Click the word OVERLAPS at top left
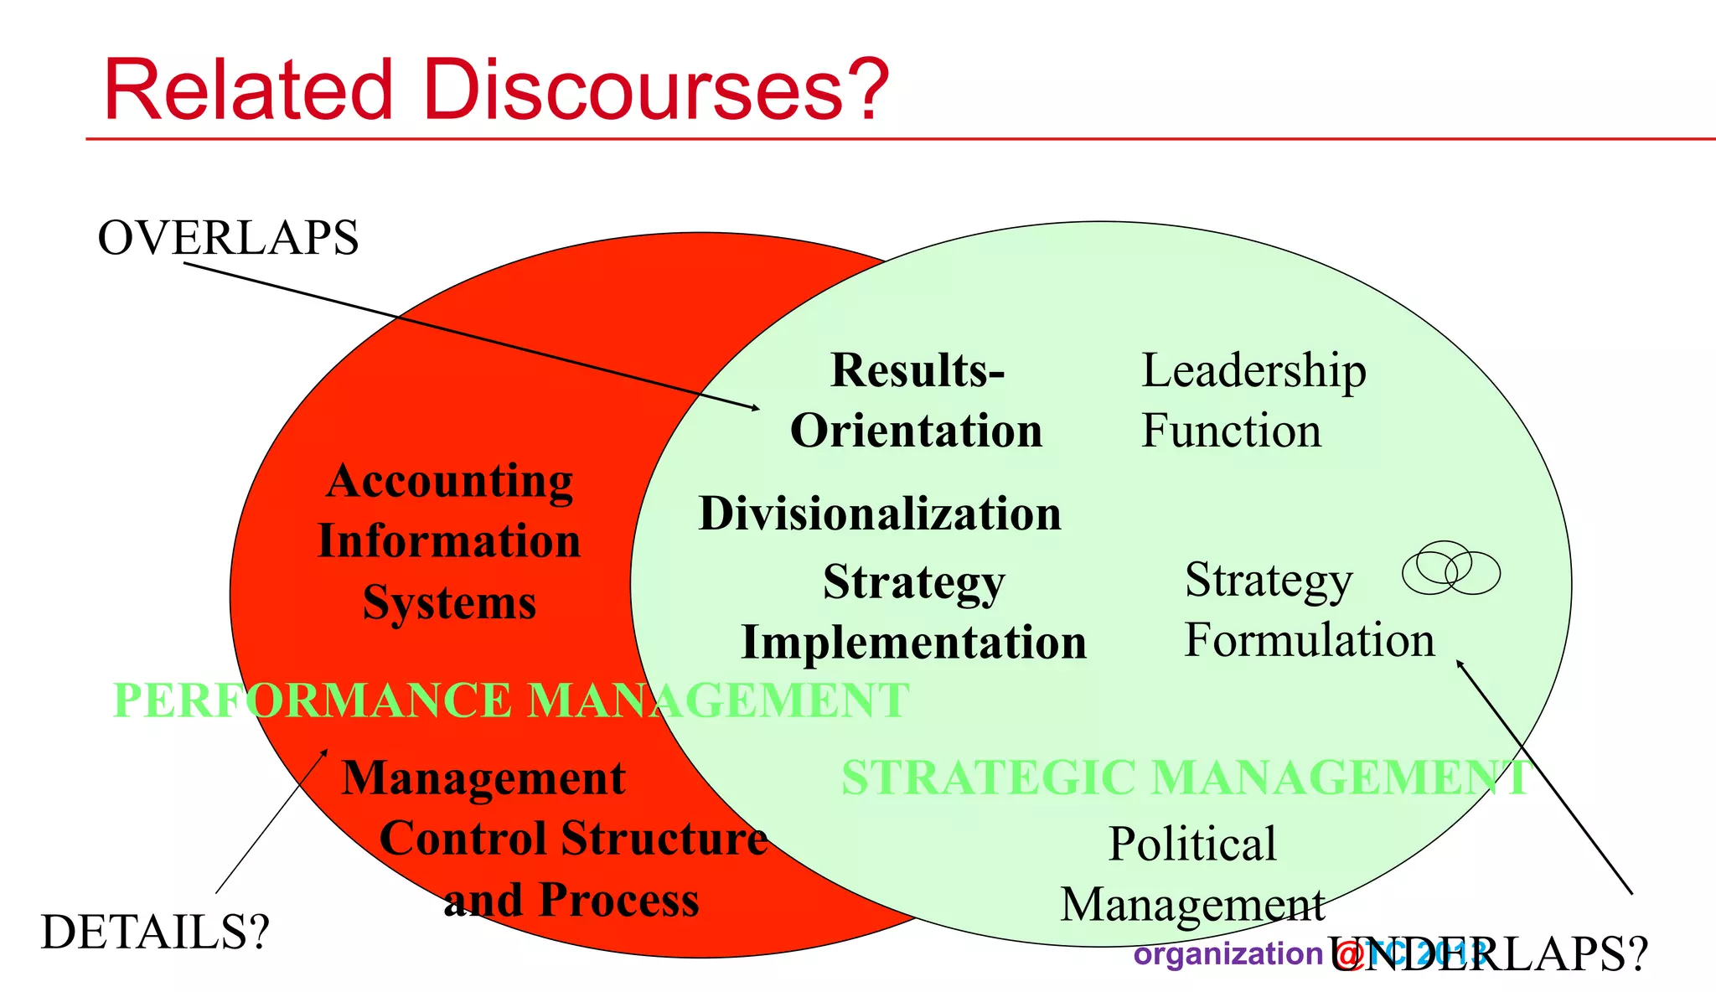[228, 238]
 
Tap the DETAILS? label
[156, 932]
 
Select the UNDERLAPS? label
[1488, 954]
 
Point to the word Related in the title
[248, 90]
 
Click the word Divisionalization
[880, 514]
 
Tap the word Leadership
[1253, 371]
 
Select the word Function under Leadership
[1231, 431]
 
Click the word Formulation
[1309, 641]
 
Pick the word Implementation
[914, 643]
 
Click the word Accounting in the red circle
[450, 482]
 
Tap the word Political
[1192, 844]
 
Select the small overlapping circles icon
[1450, 569]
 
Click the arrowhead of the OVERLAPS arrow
[757, 408]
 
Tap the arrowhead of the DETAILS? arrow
[325, 752]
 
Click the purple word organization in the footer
[1228, 954]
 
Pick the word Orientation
[916, 431]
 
